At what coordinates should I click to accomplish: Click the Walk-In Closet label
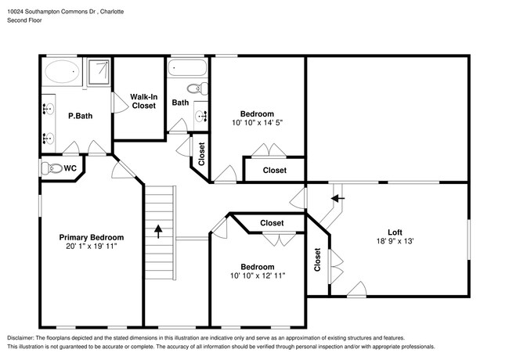[x=144, y=101]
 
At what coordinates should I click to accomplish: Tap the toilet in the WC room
[x=52, y=168]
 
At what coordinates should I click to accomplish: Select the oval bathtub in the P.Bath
[x=62, y=71]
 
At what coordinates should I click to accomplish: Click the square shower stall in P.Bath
[x=99, y=72]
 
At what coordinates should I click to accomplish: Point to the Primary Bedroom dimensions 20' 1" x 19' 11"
[x=91, y=247]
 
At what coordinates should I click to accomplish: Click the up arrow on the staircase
[x=158, y=232]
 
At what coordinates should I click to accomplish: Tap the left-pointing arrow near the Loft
[x=338, y=198]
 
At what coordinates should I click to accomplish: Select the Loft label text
[x=395, y=232]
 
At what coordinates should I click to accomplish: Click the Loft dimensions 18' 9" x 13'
[x=395, y=241]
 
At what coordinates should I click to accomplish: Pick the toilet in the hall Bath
[x=197, y=88]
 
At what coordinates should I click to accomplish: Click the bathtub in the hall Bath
[x=187, y=67]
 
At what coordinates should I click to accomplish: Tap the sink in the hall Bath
[x=201, y=115]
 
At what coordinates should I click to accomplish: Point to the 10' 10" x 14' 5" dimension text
[x=257, y=123]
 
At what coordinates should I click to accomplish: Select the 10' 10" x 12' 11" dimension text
[x=258, y=275]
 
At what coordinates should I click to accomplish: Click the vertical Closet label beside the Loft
[x=317, y=260]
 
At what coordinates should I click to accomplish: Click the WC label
[x=70, y=168]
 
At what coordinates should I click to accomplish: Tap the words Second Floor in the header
[x=24, y=20]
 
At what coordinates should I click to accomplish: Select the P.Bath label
[x=80, y=116]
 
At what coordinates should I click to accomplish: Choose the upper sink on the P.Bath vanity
[x=49, y=109]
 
